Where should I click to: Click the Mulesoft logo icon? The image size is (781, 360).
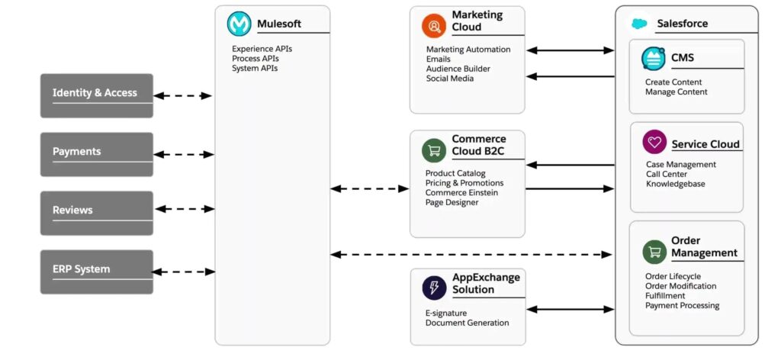[239, 24]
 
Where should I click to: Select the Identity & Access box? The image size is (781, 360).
[97, 95]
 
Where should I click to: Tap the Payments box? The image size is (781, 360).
[97, 154]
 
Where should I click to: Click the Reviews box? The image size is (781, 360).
[97, 213]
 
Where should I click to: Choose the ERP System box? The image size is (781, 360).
[97, 272]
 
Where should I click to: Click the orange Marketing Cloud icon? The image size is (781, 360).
[434, 25]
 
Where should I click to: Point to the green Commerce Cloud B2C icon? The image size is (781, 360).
[434, 150]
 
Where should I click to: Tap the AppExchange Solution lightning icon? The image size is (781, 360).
[434, 287]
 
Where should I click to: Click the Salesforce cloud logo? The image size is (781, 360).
[639, 24]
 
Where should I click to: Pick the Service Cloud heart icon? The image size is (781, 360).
[654, 142]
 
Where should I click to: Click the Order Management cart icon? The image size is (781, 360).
[654, 249]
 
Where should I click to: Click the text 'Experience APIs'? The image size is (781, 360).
[262, 49]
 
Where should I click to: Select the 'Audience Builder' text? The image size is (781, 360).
[458, 69]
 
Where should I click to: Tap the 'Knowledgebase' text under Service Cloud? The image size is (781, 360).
[675, 184]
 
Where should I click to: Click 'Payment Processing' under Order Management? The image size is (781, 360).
[682, 305]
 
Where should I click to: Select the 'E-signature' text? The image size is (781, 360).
[446, 313]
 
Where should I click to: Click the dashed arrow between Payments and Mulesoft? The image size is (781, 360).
[184, 154]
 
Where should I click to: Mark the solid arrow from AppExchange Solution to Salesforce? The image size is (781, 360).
[570, 310]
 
